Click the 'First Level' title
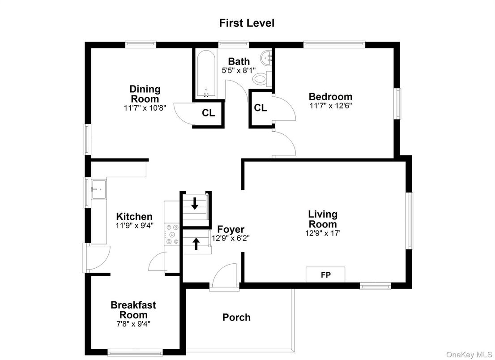[247, 23]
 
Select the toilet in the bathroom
[260, 79]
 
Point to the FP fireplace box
[325, 274]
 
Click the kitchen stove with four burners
[172, 234]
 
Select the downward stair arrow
[195, 204]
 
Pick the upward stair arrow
[196, 244]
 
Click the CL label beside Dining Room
[208, 113]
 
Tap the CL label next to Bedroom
[260, 108]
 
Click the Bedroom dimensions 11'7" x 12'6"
[330, 106]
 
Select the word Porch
[236, 317]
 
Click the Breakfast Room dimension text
[133, 324]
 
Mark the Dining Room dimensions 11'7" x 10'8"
[145, 108]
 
